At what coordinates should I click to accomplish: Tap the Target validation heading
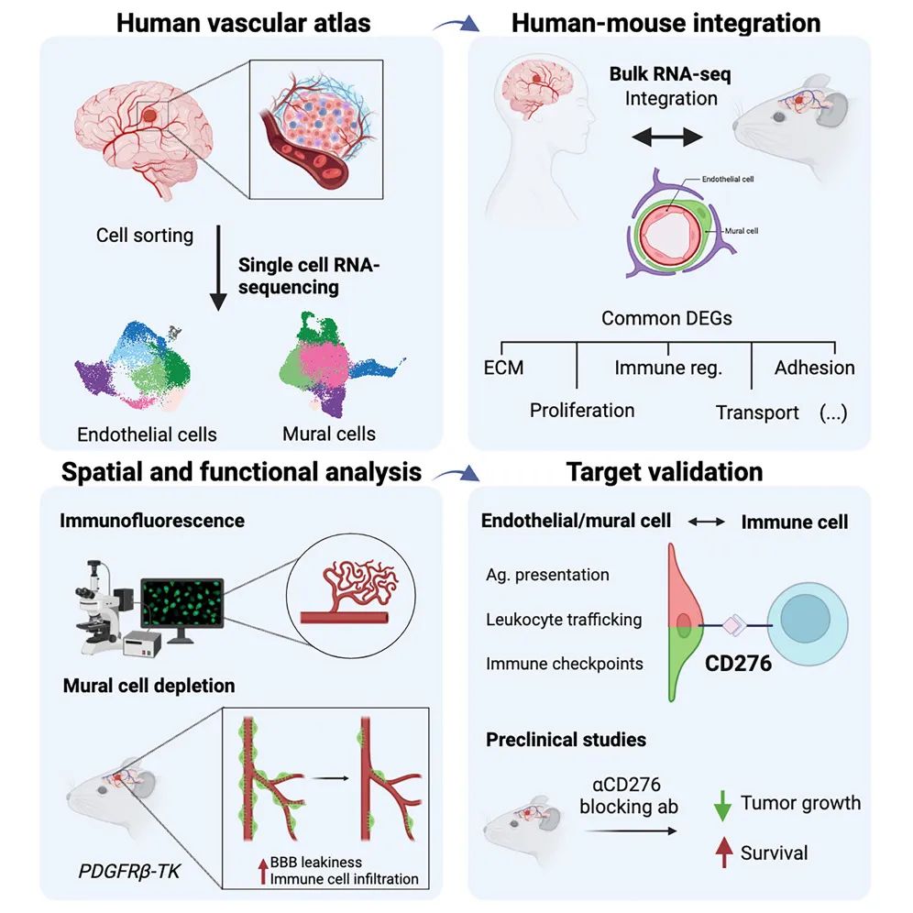(x=665, y=472)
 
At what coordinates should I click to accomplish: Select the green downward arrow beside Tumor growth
(x=722, y=805)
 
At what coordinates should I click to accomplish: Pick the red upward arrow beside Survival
(x=722, y=853)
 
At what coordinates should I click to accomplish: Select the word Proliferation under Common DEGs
(x=582, y=410)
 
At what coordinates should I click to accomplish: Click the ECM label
(x=505, y=368)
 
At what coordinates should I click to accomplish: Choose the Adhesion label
(x=814, y=368)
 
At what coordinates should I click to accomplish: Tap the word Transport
(x=757, y=412)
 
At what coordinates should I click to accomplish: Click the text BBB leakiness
(x=315, y=862)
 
